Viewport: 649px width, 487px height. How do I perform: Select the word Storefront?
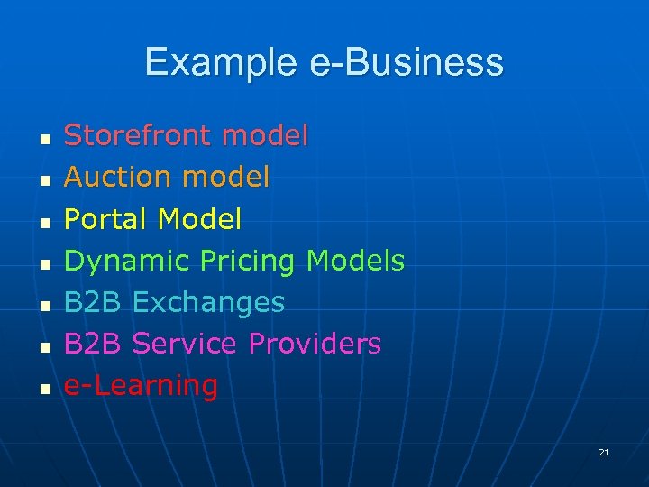(137, 136)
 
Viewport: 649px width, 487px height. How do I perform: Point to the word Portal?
(106, 219)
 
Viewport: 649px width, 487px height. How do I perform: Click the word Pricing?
(248, 262)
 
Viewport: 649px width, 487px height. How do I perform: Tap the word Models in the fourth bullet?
(356, 261)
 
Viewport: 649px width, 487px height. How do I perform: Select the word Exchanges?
(208, 302)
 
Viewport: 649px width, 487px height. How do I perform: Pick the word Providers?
(315, 344)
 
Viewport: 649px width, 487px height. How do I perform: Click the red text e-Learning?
(141, 385)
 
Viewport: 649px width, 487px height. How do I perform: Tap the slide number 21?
(604, 452)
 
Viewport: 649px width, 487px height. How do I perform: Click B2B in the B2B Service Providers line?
(93, 344)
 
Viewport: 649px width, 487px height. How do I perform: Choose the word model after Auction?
(225, 178)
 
